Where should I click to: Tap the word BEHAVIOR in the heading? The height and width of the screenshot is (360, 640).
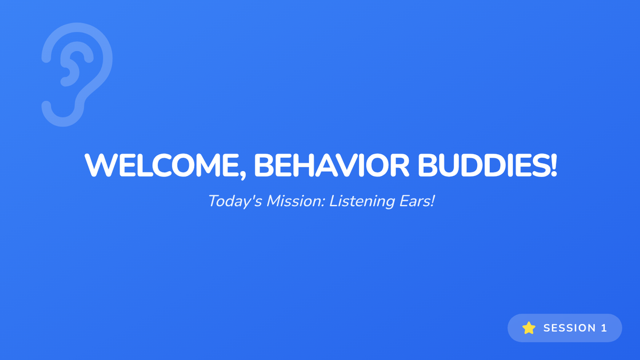click(x=331, y=166)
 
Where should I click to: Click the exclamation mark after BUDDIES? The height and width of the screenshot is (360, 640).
click(x=554, y=166)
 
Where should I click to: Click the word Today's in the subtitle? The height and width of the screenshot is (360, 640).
click(x=235, y=202)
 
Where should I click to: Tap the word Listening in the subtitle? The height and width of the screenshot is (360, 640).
click(x=362, y=202)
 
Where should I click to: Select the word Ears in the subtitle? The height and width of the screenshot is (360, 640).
click(x=414, y=201)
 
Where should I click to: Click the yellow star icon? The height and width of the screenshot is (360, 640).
click(x=529, y=327)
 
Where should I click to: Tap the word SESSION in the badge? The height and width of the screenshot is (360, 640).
click(x=570, y=328)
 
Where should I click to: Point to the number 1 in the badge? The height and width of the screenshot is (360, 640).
click(x=604, y=328)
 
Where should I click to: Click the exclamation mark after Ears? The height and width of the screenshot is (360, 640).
click(x=432, y=201)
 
